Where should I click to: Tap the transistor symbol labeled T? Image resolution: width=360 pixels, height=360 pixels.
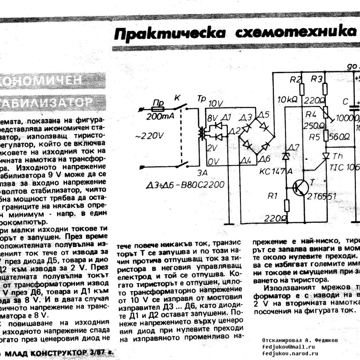pyautogui.click(x=300, y=188)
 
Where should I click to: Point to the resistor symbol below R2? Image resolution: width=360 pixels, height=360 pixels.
pyautogui.click(x=301, y=88)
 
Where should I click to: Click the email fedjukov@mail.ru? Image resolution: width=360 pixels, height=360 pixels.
pyautogui.click(x=290, y=346)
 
